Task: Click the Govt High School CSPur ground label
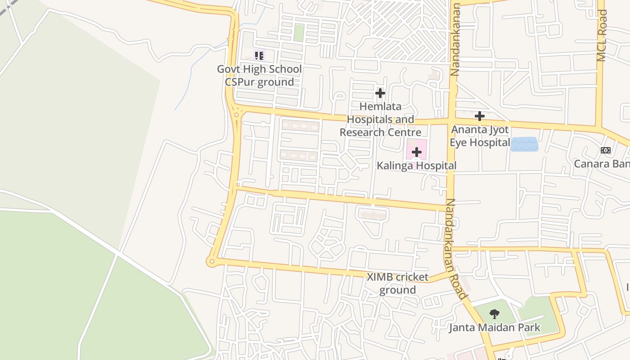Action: (x=259, y=76)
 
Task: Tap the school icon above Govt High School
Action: (x=259, y=56)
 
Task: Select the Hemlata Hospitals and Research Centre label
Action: (x=380, y=120)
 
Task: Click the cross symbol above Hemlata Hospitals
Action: (x=380, y=93)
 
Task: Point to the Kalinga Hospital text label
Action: (x=416, y=166)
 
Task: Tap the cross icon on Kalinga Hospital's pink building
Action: (x=417, y=152)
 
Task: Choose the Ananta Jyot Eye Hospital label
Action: (x=480, y=136)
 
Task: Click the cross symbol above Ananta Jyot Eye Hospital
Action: (x=480, y=116)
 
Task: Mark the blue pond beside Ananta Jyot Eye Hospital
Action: (x=524, y=144)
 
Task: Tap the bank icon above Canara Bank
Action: (x=606, y=150)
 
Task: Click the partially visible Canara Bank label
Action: (x=602, y=163)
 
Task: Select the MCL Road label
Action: (x=602, y=36)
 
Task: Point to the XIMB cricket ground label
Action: (x=397, y=283)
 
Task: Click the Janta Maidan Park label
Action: (x=495, y=327)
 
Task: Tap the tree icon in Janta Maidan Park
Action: (x=495, y=314)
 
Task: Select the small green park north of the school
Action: (x=299, y=33)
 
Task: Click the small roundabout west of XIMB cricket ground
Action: (x=211, y=261)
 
